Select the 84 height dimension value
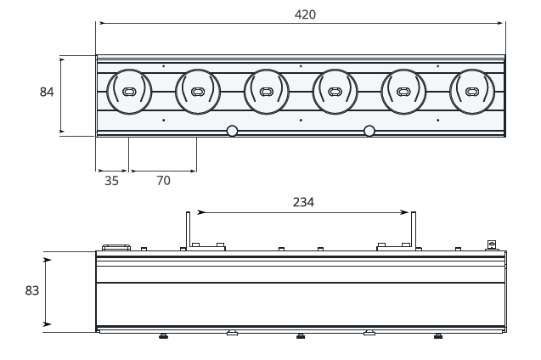(x=48, y=92)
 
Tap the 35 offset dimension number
(x=111, y=180)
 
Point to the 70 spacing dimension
(x=162, y=180)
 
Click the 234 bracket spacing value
(x=303, y=202)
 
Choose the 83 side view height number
(x=32, y=290)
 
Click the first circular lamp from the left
(x=129, y=92)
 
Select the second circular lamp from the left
(x=198, y=92)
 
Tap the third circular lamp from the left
(x=266, y=92)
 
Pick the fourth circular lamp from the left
(x=335, y=92)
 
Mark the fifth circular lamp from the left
(x=403, y=92)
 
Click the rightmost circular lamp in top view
(x=471, y=92)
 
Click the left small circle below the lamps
(x=231, y=131)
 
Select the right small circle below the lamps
(x=369, y=131)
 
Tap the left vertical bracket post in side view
(x=186, y=229)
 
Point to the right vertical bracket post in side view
(x=414, y=229)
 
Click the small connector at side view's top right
(x=491, y=245)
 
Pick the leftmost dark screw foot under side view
(x=163, y=335)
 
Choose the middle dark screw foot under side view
(x=301, y=335)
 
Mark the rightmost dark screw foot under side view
(x=437, y=335)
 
